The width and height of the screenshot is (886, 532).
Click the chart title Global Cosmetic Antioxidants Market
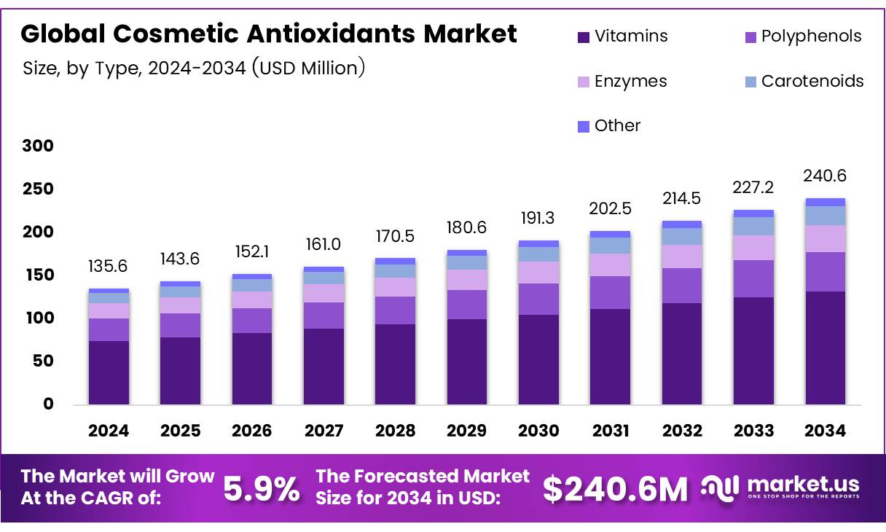tap(269, 34)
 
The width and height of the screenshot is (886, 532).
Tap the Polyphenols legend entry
tap(801, 36)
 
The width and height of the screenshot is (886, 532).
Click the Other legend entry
tap(608, 125)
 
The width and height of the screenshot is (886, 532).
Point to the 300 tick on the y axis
tap(38, 146)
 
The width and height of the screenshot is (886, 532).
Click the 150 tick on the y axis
tap(38, 275)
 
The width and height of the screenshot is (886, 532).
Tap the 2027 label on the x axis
tap(324, 431)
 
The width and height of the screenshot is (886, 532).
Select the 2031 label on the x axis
tap(610, 431)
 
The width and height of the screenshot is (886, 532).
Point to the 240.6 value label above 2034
tap(825, 176)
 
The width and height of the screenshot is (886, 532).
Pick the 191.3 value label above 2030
tap(538, 219)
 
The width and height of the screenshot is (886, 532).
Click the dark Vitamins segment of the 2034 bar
tap(825, 348)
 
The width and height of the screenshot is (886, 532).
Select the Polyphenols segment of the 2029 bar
tap(467, 305)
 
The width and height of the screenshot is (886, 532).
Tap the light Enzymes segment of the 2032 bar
tap(682, 257)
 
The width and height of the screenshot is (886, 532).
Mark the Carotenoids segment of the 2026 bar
tap(252, 285)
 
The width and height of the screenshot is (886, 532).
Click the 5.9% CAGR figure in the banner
tap(261, 489)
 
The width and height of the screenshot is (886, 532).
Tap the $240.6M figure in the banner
tap(615, 490)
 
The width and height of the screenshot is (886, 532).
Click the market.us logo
tap(780, 487)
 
